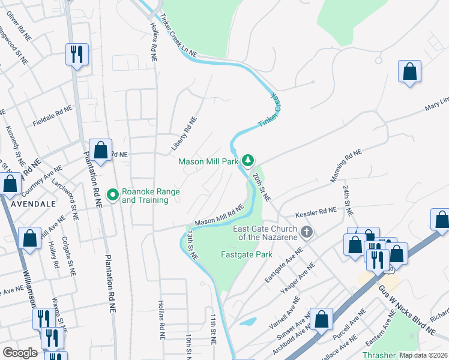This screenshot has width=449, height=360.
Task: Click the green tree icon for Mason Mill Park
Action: (248, 161)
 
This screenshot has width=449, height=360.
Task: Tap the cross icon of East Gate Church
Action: (307, 232)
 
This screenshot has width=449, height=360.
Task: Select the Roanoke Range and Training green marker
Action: (112, 194)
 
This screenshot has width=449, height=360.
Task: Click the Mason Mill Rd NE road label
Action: (218, 215)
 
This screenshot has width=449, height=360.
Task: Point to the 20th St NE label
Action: (262, 187)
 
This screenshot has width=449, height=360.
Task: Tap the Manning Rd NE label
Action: (346, 166)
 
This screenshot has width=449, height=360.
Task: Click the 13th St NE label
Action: (191, 244)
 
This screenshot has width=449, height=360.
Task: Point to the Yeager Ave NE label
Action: (298, 281)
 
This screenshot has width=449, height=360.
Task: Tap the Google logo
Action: (20, 353)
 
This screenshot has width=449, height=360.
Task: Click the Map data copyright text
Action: (423, 355)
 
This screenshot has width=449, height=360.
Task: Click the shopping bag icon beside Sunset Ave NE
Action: (321, 319)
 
